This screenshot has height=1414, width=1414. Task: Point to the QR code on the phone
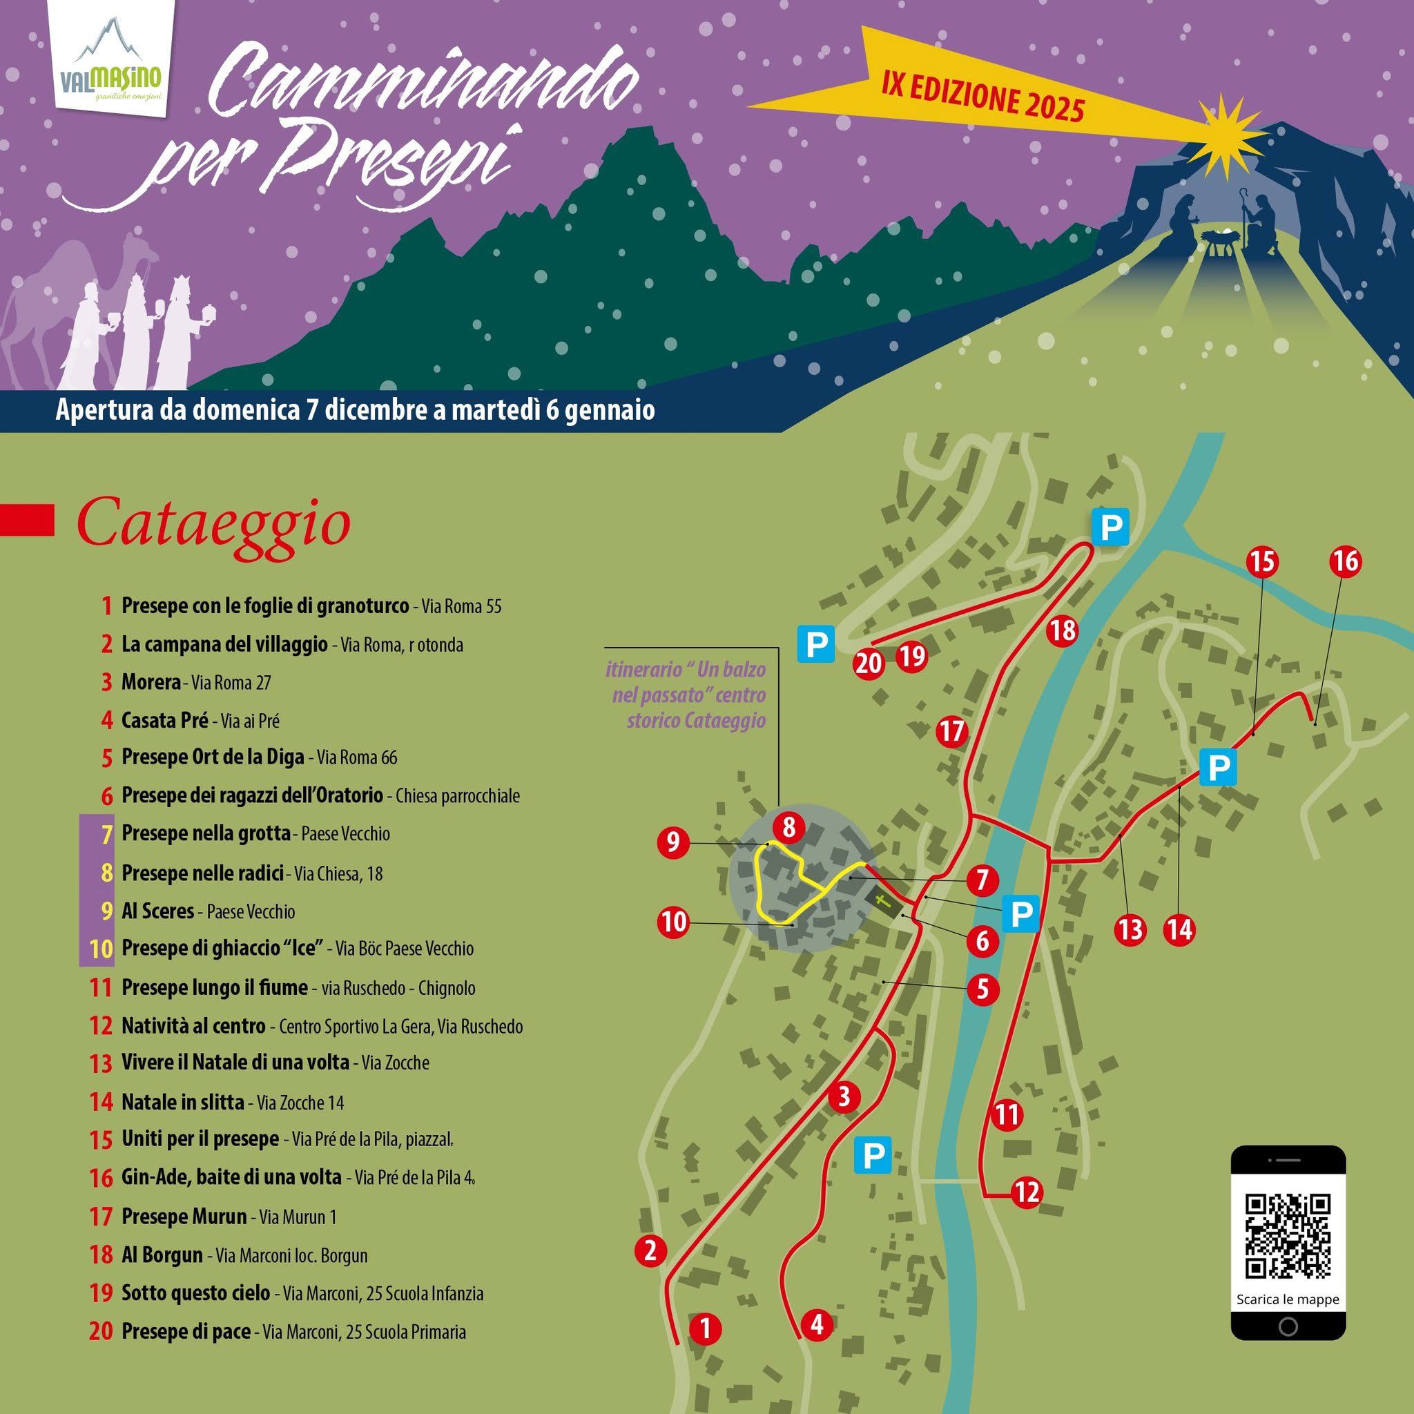[1288, 1234]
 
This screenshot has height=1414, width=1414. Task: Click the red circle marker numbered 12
[1027, 1192]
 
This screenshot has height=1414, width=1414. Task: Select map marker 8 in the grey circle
[788, 828]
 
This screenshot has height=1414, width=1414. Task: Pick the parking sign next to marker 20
[817, 645]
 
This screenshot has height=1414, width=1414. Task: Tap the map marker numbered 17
[951, 731]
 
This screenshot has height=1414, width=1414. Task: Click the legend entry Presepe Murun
[184, 1217]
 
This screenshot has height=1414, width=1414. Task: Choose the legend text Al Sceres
[157, 911]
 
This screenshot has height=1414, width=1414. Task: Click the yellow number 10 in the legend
[101, 949]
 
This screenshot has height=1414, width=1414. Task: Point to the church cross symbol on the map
[884, 902]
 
